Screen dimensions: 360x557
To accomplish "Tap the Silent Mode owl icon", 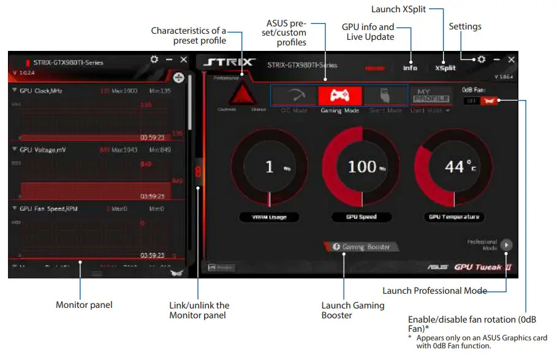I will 385,96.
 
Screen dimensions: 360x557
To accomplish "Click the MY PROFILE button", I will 432,96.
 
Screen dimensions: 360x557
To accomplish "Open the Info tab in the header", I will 410,68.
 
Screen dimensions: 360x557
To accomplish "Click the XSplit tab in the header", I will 445,68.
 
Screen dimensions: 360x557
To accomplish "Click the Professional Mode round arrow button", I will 506,245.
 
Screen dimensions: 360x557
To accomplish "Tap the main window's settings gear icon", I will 482,59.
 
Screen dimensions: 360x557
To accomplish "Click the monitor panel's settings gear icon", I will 154,59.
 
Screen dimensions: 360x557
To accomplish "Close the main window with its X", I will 512,59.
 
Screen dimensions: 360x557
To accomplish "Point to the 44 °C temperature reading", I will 459,166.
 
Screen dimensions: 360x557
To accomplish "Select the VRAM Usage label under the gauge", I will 269,217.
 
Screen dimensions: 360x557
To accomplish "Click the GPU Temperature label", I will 454,217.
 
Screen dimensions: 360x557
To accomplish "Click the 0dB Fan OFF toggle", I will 471,101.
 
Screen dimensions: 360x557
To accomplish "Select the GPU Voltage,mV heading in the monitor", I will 45,150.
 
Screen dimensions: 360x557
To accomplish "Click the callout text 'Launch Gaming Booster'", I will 353,310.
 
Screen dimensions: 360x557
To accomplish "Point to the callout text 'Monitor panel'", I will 84,305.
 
